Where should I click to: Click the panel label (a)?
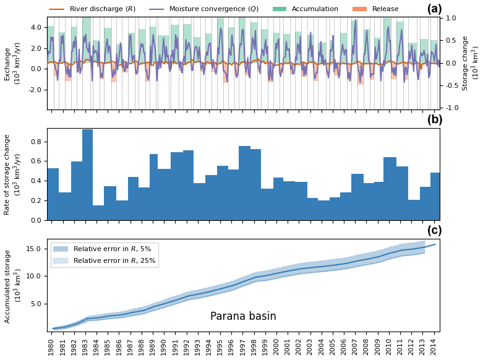(x=434, y=9)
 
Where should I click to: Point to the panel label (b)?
(x=434, y=120)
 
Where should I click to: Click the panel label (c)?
(x=434, y=231)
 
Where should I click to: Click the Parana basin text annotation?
(x=243, y=317)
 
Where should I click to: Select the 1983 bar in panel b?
(x=87, y=174)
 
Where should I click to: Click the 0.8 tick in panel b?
(x=36, y=142)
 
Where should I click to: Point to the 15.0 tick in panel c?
(x=34, y=249)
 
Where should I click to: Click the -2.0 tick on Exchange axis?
(x=34, y=90)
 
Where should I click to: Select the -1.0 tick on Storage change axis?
(x=450, y=108)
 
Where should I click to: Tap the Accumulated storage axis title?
(x=12, y=286)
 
